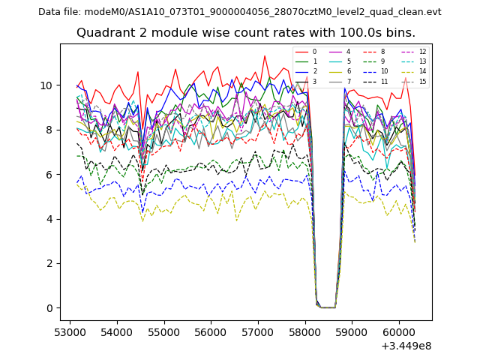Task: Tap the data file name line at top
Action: pyautogui.click(x=239, y=12)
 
